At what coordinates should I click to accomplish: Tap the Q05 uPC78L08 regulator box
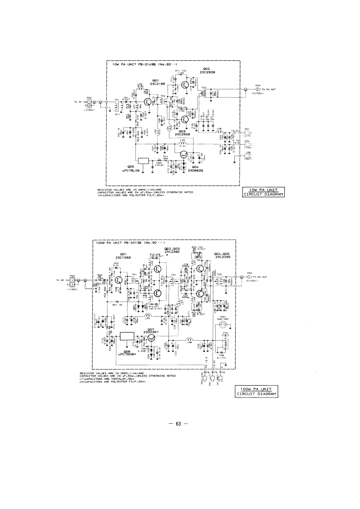tap(144, 161)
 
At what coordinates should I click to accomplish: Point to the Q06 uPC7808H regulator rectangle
tap(126, 337)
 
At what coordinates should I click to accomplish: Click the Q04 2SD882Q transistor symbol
tap(184, 155)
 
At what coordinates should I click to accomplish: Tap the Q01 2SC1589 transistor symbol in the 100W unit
tap(119, 281)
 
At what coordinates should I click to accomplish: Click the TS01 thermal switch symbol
tap(222, 324)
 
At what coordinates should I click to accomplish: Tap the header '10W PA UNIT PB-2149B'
tap(132, 64)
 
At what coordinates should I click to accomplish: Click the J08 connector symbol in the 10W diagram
tap(248, 156)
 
